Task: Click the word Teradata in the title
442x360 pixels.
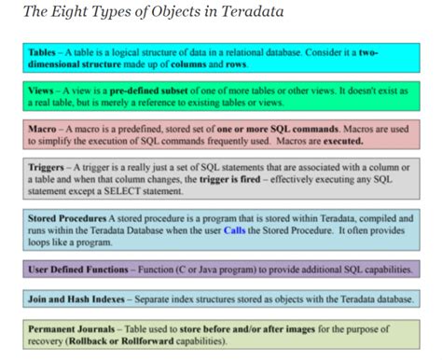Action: pyautogui.click(x=252, y=11)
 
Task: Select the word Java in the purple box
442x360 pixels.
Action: pyautogui.click(x=214, y=270)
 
